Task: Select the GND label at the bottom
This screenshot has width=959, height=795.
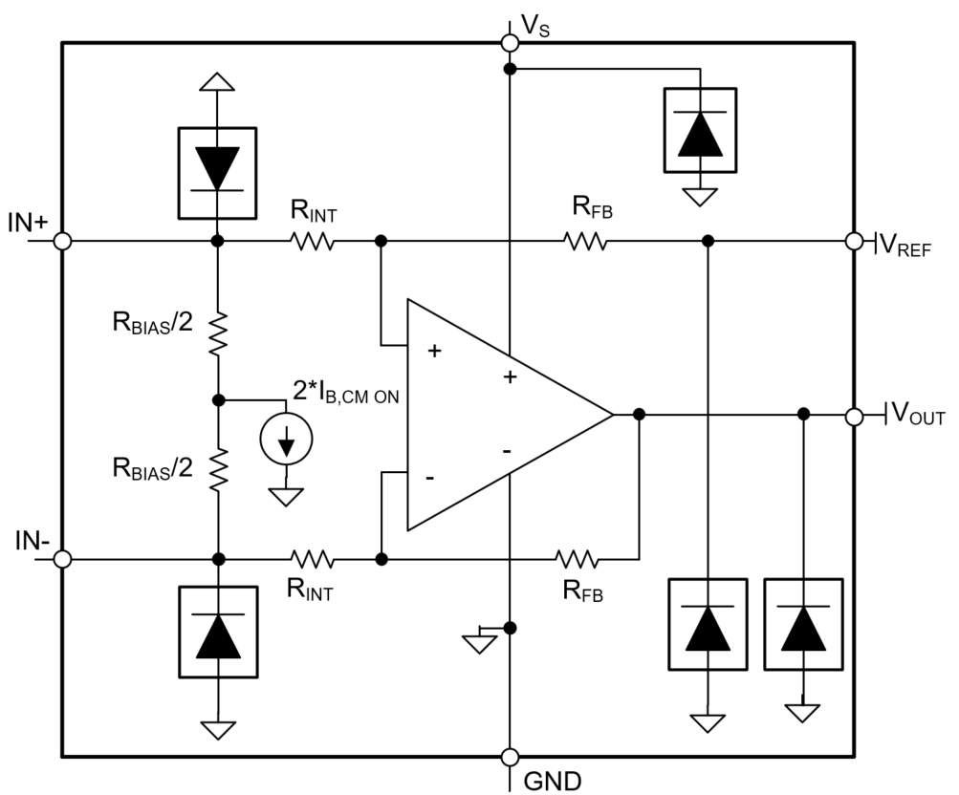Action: click(551, 781)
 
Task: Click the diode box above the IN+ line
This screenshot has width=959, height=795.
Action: click(218, 171)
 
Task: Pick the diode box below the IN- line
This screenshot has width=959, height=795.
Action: click(218, 632)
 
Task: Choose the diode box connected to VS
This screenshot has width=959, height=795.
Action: click(701, 131)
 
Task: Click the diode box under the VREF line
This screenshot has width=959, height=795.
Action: click(708, 625)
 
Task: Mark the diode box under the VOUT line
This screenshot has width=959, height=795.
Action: click(804, 625)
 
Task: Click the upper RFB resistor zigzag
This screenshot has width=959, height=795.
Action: click(585, 242)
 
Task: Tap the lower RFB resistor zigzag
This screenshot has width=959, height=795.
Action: click(578, 558)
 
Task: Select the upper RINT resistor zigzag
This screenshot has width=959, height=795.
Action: click(314, 242)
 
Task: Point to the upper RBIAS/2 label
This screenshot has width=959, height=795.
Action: click(152, 323)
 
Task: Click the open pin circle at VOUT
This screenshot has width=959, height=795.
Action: click(855, 416)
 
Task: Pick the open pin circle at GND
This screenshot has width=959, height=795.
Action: click(511, 758)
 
